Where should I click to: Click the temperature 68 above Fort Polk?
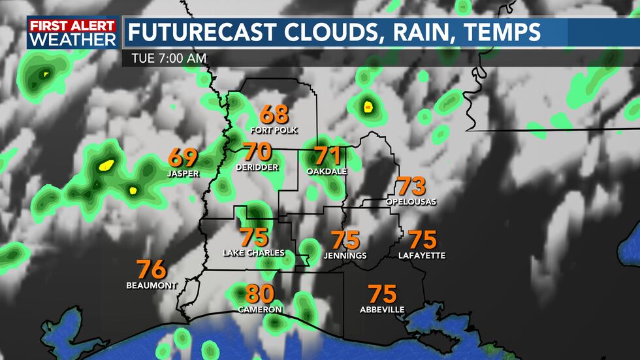(274, 114)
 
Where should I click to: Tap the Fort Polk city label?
(274, 130)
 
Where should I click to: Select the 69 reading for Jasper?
(183, 157)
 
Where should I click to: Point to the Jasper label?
(183, 173)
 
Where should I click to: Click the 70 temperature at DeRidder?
(257, 152)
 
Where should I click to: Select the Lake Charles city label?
(254, 253)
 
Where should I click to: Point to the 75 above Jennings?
(345, 240)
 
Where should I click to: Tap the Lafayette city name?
(422, 255)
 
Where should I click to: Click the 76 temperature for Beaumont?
(152, 270)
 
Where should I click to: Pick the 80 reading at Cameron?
(260, 293)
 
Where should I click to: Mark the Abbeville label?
(382, 309)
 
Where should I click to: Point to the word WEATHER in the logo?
(72, 40)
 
